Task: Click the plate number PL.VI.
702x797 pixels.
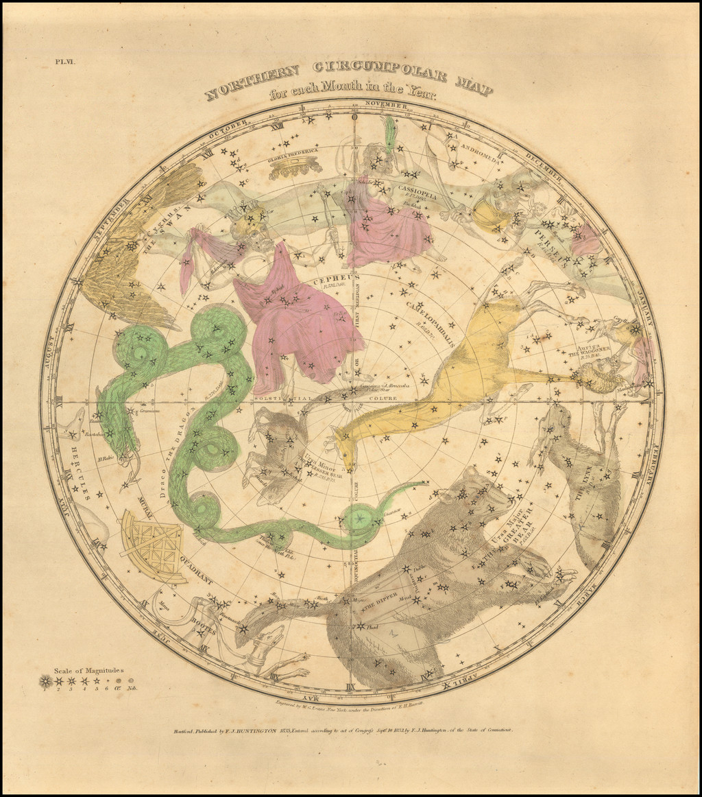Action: (69, 62)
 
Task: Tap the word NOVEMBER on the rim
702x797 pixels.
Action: (386, 104)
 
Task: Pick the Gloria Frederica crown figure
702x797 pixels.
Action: (295, 166)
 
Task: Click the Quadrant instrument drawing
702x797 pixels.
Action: (152, 545)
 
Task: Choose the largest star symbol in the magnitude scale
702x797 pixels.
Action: (46, 681)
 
